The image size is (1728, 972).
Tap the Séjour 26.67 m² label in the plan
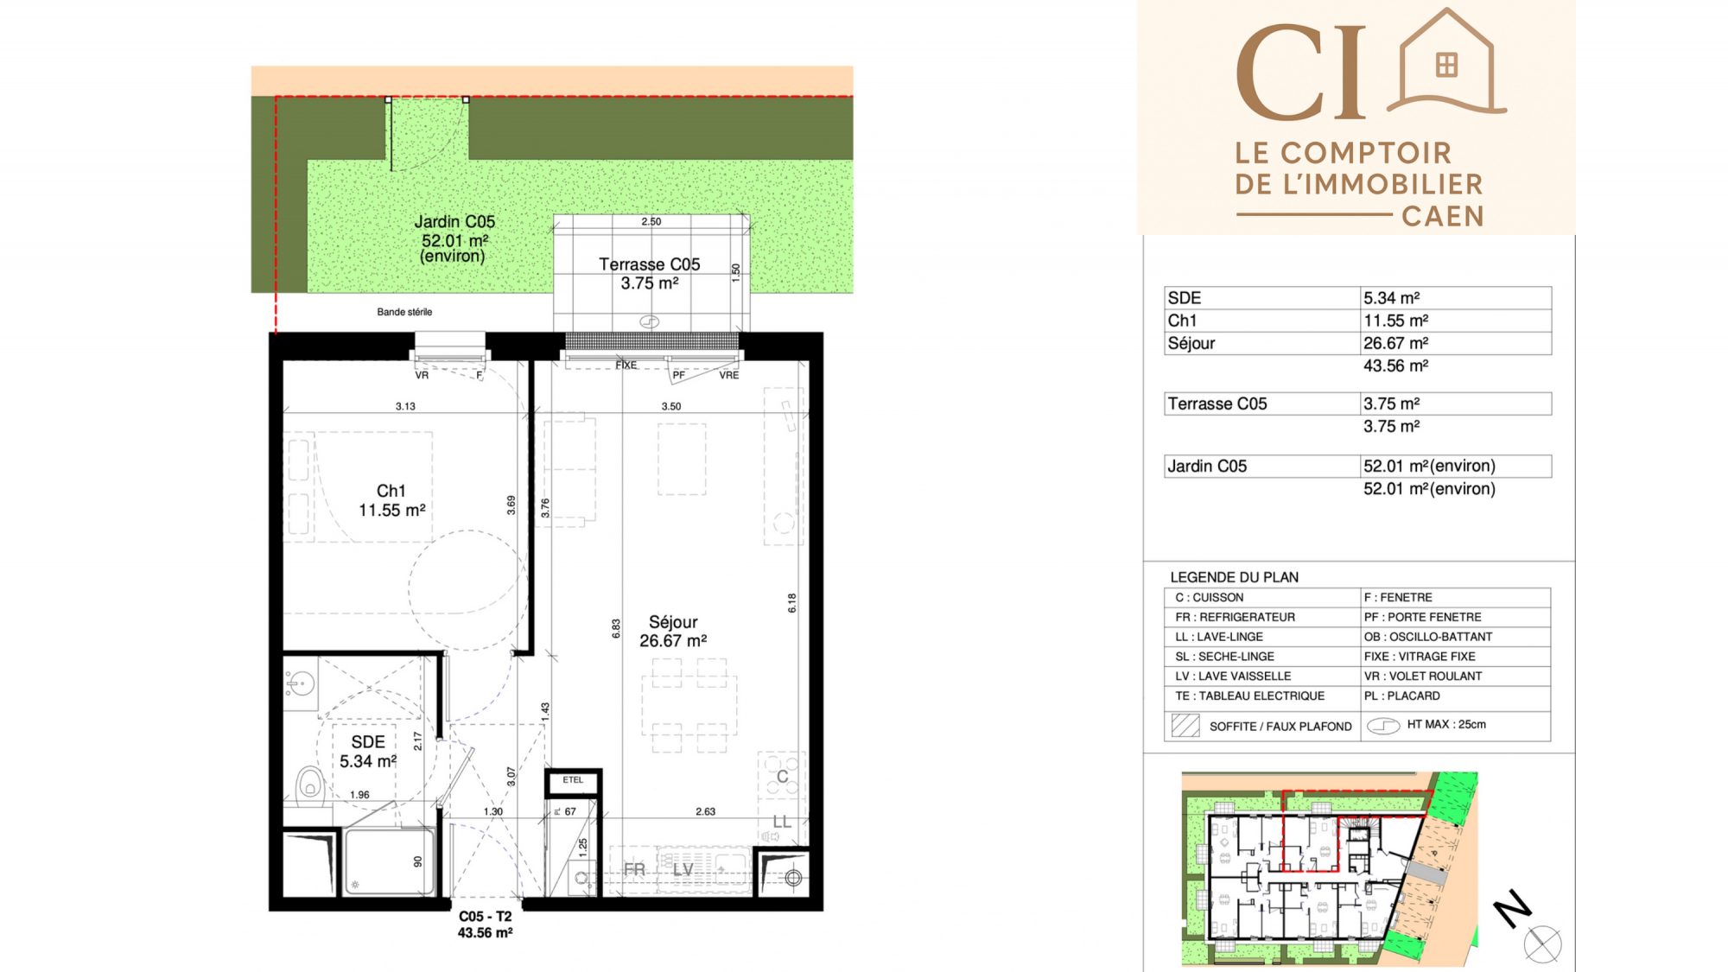tap(673, 632)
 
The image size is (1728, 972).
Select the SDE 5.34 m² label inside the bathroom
tap(368, 752)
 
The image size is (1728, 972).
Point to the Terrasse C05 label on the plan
tap(650, 274)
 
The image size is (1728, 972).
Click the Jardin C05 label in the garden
tap(454, 238)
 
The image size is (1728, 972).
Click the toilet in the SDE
tap(309, 785)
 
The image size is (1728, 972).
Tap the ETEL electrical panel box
tap(573, 781)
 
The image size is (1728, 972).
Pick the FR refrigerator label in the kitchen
tap(634, 870)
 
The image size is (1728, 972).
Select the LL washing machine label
tap(782, 822)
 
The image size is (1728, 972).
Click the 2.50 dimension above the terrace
tap(651, 222)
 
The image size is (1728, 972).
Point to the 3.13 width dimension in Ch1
tap(405, 406)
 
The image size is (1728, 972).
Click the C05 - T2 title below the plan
tap(486, 917)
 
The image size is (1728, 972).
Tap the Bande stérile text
tap(404, 312)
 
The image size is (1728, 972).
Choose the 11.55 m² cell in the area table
tap(1396, 321)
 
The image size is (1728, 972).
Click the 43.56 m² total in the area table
tap(1396, 365)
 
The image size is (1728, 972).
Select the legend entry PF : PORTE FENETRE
tap(1422, 617)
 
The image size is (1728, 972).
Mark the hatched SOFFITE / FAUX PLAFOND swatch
tap(1185, 725)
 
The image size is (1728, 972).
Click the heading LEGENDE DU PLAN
tap(1234, 577)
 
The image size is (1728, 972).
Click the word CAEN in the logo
tap(1443, 216)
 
